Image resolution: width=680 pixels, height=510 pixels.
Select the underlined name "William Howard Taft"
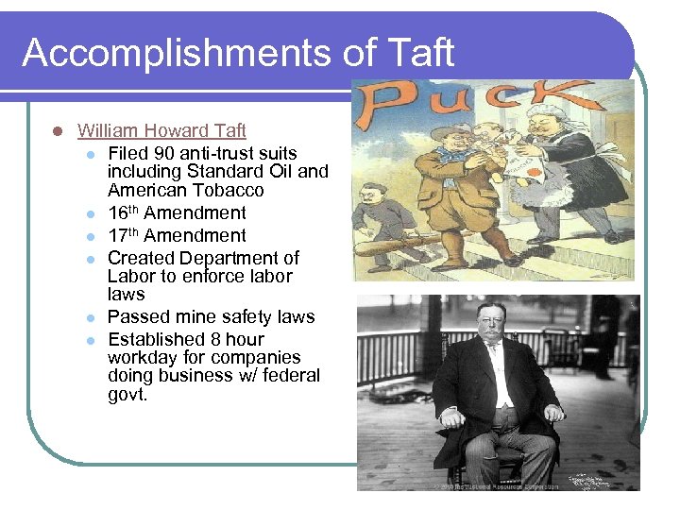(x=161, y=130)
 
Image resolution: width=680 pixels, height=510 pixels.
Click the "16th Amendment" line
(x=177, y=213)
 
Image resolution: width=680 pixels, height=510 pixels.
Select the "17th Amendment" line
(x=177, y=236)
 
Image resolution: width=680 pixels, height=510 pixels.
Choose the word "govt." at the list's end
(x=127, y=395)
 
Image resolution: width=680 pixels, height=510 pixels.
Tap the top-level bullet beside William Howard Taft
(x=58, y=131)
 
